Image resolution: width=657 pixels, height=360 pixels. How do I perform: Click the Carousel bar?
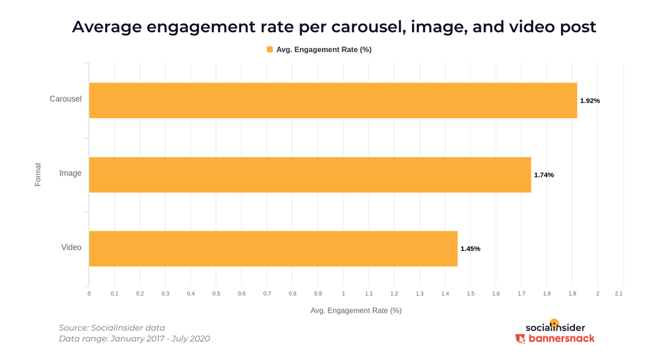pos(332,101)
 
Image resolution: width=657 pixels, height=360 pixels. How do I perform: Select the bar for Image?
pos(309,175)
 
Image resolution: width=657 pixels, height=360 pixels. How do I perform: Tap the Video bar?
pos(273,248)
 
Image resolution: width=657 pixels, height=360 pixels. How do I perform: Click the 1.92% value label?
pos(590,101)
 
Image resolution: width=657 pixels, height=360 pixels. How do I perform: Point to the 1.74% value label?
pos(543,175)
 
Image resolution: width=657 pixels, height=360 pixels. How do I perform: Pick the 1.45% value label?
pos(470,249)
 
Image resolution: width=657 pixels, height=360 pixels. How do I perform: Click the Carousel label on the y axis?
pos(66,99)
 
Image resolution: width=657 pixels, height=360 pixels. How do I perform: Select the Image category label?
pos(70,173)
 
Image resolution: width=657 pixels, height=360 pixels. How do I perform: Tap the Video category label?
pos(71,248)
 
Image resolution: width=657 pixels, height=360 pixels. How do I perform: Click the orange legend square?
pos(269,49)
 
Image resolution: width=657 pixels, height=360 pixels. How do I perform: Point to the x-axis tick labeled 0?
pos(89,294)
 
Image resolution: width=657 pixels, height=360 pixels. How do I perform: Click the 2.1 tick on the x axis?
pos(618,294)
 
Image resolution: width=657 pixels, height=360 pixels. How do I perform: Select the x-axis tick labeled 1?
pos(343,294)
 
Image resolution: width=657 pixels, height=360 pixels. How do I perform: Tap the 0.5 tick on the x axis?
pos(216,294)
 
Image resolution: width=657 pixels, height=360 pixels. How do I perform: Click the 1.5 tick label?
pos(470,294)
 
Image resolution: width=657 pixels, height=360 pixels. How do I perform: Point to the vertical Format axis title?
pos(38,174)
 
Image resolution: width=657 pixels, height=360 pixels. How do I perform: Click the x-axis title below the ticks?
pos(355,310)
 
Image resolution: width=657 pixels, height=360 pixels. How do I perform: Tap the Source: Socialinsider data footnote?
pos(112,328)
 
